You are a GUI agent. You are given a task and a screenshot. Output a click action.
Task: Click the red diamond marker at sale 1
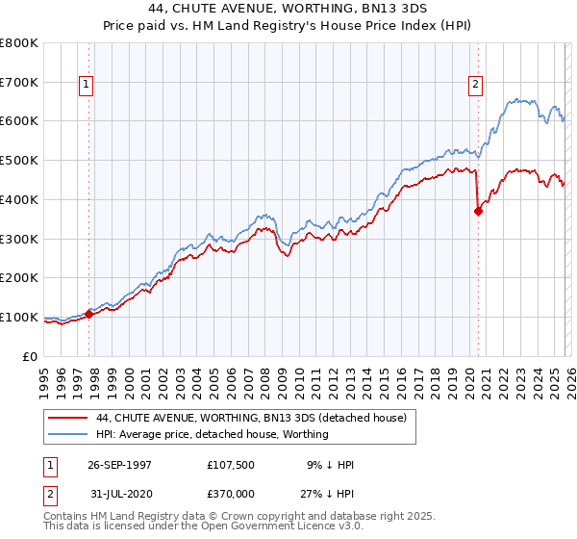(x=89, y=313)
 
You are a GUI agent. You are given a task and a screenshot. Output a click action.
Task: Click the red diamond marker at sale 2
(x=478, y=212)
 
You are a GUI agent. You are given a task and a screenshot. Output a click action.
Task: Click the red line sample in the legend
(x=68, y=418)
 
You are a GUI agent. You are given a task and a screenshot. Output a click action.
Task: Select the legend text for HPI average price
(x=213, y=434)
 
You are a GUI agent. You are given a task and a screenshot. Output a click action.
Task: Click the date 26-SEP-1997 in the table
(x=119, y=465)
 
